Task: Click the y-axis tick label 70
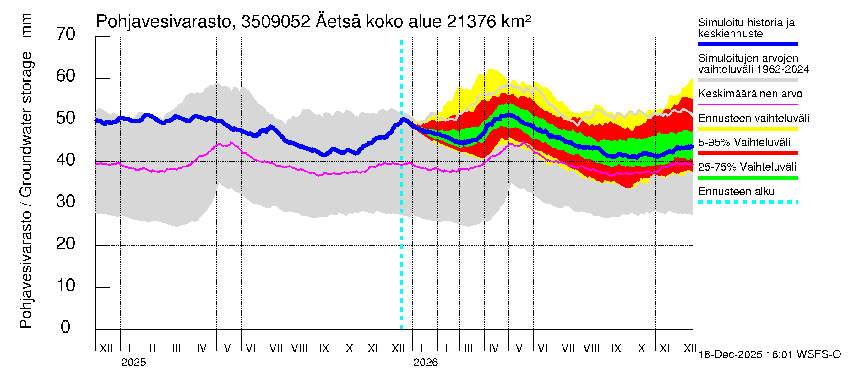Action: point(66,34)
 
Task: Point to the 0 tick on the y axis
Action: point(66,327)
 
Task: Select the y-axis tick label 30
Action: point(66,201)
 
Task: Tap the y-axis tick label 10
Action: point(66,285)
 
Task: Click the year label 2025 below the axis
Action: point(133,363)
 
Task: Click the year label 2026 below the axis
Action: point(425,363)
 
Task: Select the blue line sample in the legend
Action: point(747,44)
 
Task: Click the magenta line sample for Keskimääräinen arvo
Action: point(747,104)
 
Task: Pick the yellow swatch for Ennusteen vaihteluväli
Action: point(747,129)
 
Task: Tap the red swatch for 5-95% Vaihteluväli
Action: point(747,153)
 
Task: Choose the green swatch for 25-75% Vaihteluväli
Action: point(747,178)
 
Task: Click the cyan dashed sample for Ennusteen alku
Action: point(747,202)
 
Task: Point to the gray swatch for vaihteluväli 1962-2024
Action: point(747,80)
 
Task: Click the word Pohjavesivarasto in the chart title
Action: point(164,22)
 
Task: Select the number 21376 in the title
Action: point(471,22)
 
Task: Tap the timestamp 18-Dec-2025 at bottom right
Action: point(730,355)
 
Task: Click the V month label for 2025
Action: point(227,348)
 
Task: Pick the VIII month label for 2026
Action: point(591,348)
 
